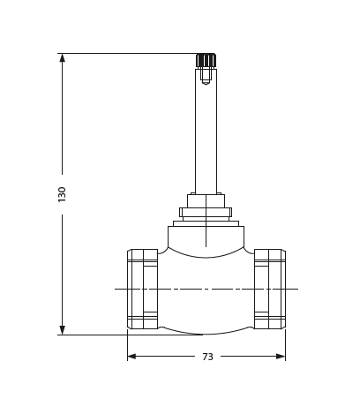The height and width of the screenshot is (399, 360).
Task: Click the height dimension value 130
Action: (62, 194)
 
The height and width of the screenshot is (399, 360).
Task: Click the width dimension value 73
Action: (206, 357)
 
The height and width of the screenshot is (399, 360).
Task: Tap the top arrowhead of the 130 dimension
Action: (62, 58)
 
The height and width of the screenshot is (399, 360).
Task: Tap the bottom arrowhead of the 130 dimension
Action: (62, 329)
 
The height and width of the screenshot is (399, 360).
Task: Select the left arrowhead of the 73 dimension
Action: (132, 357)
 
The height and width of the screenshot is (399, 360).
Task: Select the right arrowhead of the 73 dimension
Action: (280, 357)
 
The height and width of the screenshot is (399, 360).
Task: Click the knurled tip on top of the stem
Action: (206, 61)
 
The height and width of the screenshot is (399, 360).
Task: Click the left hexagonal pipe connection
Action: (142, 289)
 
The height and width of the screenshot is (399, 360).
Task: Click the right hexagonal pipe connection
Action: (270, 289)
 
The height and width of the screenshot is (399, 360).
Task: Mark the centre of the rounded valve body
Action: (206, 289)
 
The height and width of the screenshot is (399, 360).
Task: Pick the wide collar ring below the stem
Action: (206, 212)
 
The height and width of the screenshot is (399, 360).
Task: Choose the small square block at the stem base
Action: (206, 200)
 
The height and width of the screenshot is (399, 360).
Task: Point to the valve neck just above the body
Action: (206, 235)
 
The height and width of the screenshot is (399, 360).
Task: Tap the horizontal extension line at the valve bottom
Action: (97, 335)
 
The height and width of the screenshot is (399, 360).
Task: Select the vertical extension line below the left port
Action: (127, 345)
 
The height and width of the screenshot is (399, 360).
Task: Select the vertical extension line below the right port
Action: (285, 345)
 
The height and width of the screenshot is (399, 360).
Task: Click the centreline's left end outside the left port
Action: (120, 289)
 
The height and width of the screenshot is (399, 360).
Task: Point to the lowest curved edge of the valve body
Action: (206, 334)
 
